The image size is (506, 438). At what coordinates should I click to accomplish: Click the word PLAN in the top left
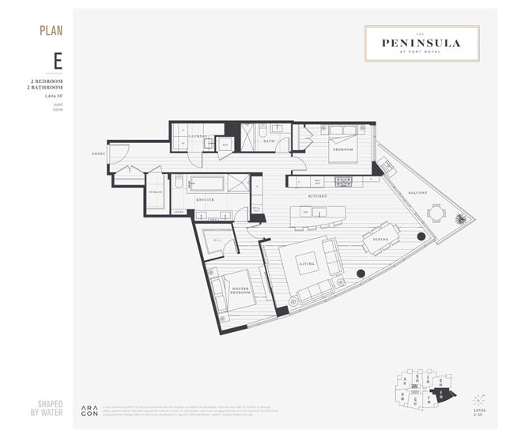coord(51,31)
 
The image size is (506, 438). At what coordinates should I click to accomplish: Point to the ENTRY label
coord(98,154)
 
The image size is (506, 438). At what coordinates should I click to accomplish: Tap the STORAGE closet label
coord(156,192)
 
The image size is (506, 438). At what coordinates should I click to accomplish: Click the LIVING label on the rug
coord(306,264)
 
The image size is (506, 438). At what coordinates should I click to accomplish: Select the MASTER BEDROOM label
coord(241,293)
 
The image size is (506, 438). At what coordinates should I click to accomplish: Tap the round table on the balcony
coord(436,213)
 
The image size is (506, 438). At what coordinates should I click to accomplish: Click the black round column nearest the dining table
coord(420,236)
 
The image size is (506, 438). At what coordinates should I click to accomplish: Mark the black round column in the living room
coord(361,274)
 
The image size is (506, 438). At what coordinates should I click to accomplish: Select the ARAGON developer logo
coord(88,411)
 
